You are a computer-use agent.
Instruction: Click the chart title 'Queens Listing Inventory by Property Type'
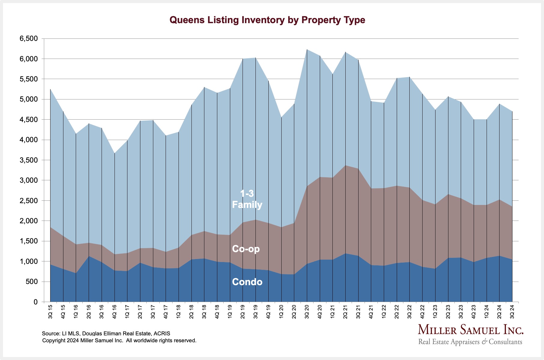coord(267,20)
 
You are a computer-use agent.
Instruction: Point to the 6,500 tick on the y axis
coord(29,38)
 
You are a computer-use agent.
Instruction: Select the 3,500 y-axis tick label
coord(29,160)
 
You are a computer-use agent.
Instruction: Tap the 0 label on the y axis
coord(35,302)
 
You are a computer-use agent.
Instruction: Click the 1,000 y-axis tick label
coord(29,261)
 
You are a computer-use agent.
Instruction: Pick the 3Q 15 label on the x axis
coord(50,312)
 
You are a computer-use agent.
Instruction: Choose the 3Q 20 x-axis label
coord(307,312)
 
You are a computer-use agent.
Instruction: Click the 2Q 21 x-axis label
coord(345,312)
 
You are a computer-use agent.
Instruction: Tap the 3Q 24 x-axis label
coord(512,312)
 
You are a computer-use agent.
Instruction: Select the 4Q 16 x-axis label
coord(115,312)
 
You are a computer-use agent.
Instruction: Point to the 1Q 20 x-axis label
coord(281,312)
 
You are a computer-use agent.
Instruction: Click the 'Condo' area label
coord(247,282)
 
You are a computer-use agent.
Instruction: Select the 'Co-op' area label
coord(246,249)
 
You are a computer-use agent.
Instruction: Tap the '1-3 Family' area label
coord(247,199)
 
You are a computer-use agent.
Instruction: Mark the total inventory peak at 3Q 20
coord(307,49)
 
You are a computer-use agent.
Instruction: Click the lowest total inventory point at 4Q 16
coord(115,153)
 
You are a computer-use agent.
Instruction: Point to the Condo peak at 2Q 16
coord(89,256)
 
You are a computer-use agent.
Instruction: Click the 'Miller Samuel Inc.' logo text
coord(471,330)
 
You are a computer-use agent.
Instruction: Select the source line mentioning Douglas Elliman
coord(106,334)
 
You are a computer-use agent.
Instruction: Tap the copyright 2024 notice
coord(119,340)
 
